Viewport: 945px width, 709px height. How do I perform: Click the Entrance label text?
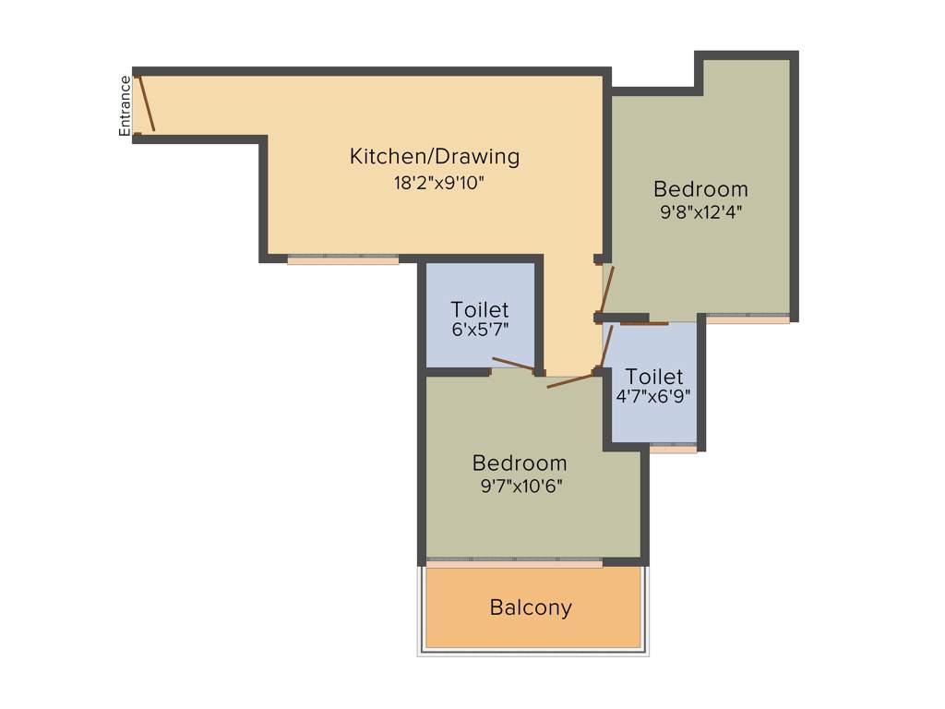126,106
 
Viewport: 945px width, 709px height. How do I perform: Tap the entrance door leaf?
146,104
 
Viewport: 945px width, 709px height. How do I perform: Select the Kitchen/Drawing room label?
434,156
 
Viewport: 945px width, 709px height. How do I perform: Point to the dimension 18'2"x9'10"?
438,183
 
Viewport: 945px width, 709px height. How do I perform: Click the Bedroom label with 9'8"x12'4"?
700,189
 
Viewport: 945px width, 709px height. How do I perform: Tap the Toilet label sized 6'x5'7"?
479,309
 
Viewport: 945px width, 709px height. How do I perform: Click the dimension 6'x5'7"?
480,329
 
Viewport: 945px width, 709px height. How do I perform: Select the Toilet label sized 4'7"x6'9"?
654,377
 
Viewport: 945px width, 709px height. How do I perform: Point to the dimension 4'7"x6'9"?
653,396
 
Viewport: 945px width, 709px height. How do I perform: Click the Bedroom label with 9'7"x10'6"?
520,463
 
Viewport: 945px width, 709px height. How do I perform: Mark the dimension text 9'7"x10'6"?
521,484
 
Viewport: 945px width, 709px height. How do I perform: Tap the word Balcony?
531,607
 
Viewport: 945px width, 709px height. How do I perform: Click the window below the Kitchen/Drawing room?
342,260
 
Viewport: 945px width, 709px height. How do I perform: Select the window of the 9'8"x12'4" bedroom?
748,318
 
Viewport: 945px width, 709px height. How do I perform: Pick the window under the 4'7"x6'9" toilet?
673,449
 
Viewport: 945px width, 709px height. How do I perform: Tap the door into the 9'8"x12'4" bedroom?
606,290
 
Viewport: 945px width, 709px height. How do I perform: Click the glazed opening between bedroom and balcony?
514,561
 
